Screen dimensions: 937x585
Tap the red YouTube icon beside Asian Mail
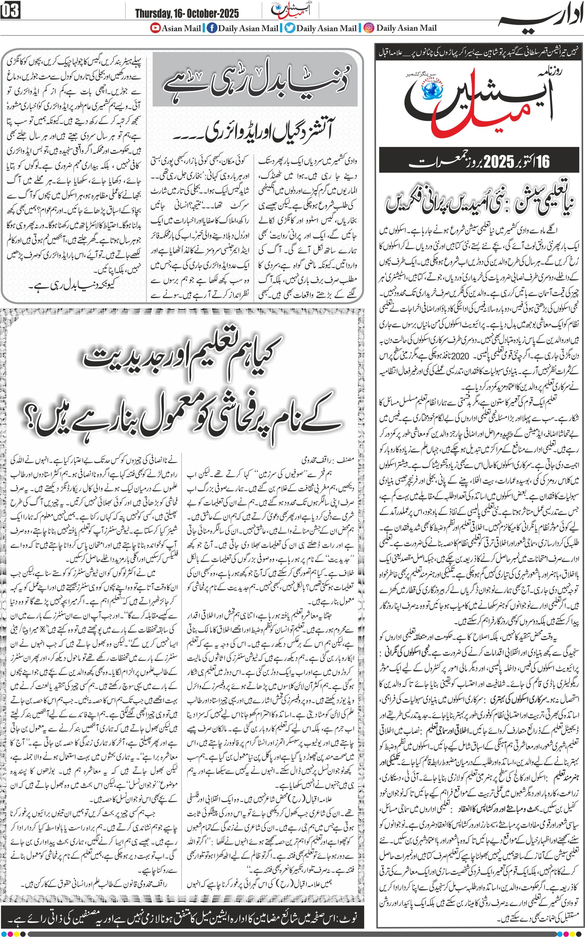coord(156,28)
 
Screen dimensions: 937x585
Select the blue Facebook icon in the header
coord(212,28)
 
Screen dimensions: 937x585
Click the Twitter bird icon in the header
coord(290,28)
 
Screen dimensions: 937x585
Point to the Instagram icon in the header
coord(369,28)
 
